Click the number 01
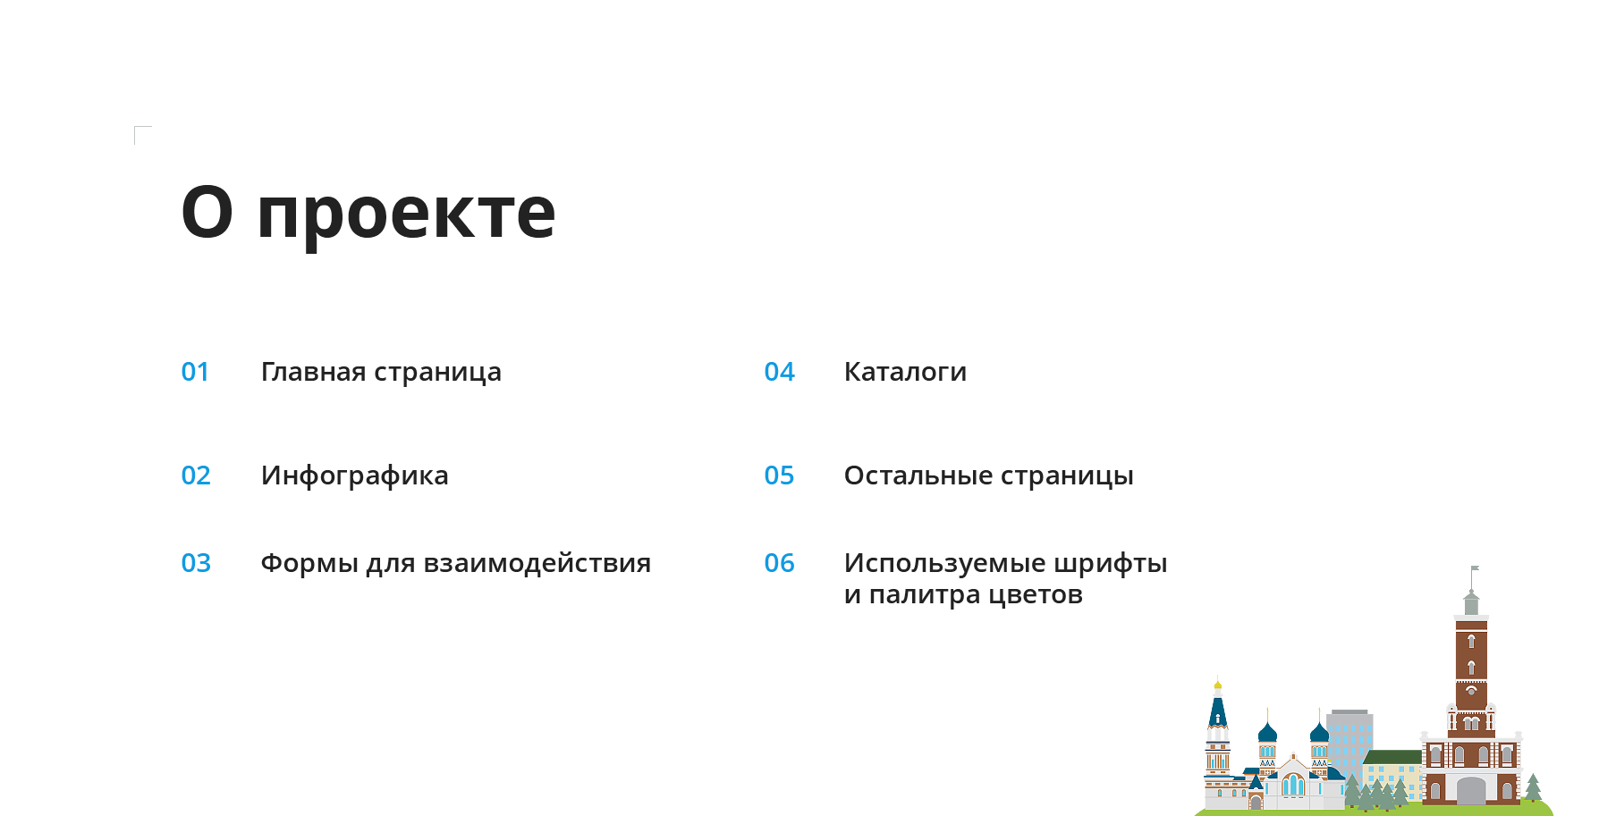[x=195, y=372]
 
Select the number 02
[x=196, y=475]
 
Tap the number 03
[x=196, y=563]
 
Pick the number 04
[x=779, y=372]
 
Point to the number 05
[x=779, y=475]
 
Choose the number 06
[x=779, y=563]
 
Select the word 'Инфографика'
[x=355, y=476]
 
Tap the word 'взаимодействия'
[x=537, y=564]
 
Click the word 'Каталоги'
[x=905, y=372]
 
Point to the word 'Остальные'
[x=918, y=476]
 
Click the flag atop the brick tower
[x=1476, y=568]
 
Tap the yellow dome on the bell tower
[x=1217, y=686]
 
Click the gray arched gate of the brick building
[x=1471, y=790]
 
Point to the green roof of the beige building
[x=1392, y=757]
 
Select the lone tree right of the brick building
[x=1533, y=788]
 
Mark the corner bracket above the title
[x=136, y=128]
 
